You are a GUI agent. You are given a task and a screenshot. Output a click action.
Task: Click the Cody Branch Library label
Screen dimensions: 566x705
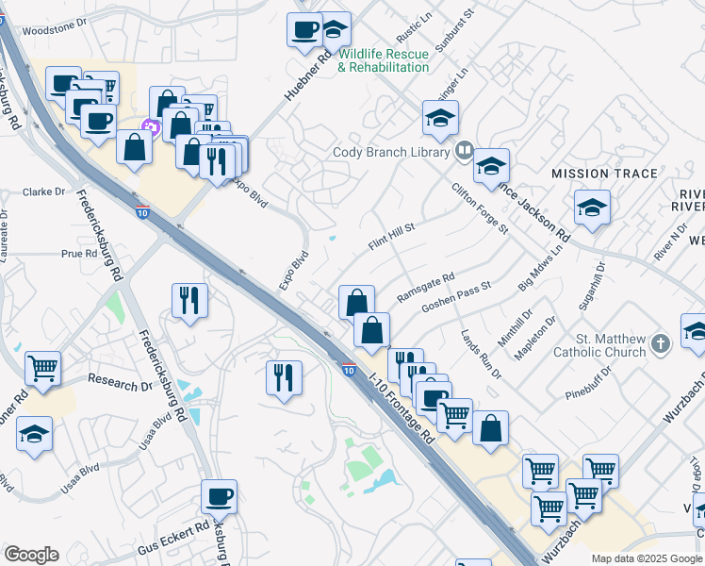(391, 151)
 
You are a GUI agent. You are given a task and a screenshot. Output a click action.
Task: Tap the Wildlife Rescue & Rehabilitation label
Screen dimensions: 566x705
(384, 60)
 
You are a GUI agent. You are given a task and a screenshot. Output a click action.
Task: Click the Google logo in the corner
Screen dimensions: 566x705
(31, 555)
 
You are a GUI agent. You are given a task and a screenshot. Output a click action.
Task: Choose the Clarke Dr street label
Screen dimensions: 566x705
(44, 191)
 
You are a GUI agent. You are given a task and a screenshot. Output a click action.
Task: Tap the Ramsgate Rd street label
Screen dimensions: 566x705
(426, 288)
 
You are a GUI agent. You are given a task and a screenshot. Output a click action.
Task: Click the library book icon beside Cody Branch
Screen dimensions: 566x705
(464, 151)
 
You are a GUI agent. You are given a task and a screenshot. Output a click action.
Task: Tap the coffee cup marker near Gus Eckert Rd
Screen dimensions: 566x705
(219, 495)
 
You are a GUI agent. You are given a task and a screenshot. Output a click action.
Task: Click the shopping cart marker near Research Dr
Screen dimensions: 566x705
(42, 369)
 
